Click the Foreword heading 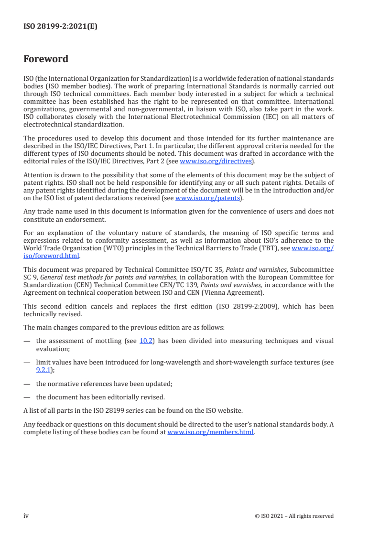(x=46, y=59)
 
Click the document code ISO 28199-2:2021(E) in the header (x=60, y=27)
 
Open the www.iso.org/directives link (x=216, y=161)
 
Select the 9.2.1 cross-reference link (x=43, y=369)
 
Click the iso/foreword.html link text (x=52, y=256)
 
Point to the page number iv (x=26, y=516)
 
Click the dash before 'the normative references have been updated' (x=27, y=384)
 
